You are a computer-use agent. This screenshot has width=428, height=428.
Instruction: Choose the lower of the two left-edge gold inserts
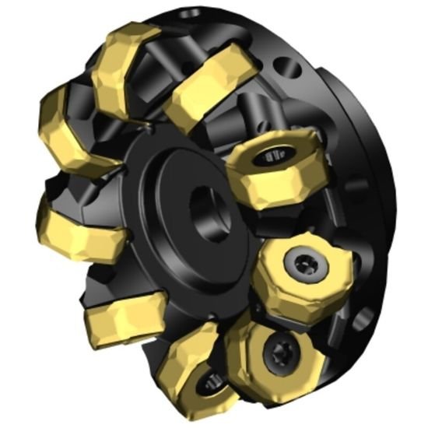click(x=74, y=226)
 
